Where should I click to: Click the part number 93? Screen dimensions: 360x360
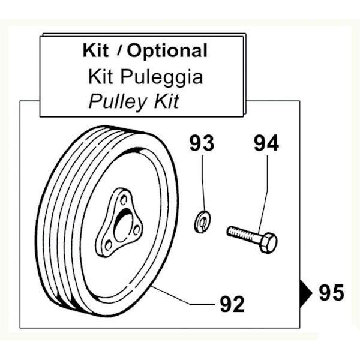click(202, 143)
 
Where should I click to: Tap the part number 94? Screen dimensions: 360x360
click(266, 143)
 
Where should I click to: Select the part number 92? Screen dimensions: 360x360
click(232, 304)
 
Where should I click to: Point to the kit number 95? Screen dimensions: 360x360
click(332, 292)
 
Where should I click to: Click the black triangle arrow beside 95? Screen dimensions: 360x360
click(305, 293)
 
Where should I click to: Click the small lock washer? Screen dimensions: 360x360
click(202, 221)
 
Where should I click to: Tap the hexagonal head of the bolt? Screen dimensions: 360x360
click(269, 243)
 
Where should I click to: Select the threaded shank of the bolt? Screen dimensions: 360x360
click(244, 234)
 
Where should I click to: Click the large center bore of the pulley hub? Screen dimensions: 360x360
click(123, 228)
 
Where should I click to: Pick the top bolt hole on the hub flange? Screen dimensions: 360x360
click(124, 200)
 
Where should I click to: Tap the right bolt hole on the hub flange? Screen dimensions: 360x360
click(137, 230)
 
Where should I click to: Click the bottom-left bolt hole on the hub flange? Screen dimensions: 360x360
click(108, 245)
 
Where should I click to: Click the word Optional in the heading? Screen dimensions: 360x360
click(167, 51)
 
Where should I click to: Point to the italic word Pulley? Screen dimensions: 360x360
click(118, 102)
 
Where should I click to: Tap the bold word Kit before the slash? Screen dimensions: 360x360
click(95, 50)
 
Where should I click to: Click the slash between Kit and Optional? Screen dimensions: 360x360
click(119, 51)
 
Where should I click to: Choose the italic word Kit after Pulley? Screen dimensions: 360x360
click(167, 101)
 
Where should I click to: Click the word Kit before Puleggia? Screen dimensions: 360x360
click(101, 76)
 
